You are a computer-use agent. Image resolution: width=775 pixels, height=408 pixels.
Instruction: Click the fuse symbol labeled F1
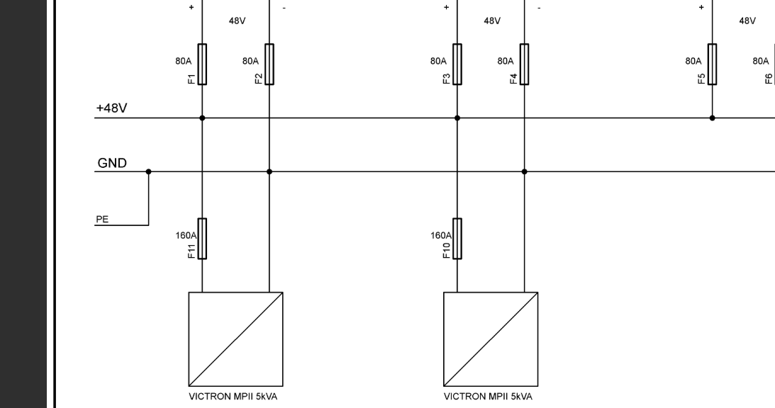(x=202, y=64)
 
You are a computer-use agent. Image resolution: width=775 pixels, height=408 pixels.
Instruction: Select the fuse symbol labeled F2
(x=269, y=64)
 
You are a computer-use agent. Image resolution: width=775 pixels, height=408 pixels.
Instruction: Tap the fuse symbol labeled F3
(x=457, y=64)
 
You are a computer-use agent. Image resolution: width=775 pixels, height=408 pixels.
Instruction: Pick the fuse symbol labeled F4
(x=524, y=64)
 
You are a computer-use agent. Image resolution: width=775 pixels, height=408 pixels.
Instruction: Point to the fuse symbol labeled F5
(x=712, y=64)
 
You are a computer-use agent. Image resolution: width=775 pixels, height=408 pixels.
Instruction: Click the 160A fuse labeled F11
(x=202, y=239)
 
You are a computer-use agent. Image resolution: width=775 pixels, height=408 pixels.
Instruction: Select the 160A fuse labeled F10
(x=457, y=239)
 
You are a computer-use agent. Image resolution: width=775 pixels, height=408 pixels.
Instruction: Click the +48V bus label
(x=112, y=108)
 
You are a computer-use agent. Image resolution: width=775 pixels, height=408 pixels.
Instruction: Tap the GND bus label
(x=112, y=164)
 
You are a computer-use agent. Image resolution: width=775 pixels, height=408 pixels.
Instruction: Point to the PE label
(x=103, y=220)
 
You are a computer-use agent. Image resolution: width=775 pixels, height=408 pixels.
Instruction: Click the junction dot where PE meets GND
(x=148, y=171)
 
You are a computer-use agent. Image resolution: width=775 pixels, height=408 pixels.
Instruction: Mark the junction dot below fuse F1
(x=202, y=118)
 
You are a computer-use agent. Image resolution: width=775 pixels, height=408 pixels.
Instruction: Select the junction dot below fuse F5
(x=712, y=118)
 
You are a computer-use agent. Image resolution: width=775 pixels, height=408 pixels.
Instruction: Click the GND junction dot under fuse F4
(x=524, y=171)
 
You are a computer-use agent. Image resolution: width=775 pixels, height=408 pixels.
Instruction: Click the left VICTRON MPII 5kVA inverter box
(x=235, y=339)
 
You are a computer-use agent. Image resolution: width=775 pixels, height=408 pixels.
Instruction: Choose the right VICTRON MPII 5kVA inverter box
(x=491, y=339)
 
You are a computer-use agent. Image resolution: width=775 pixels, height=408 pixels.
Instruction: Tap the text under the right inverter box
(x=488, y=396)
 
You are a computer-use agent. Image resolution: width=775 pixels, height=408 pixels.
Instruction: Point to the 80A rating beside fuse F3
(x=437, y=62)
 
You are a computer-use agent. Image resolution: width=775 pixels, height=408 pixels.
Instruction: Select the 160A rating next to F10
(x=440, y=235)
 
